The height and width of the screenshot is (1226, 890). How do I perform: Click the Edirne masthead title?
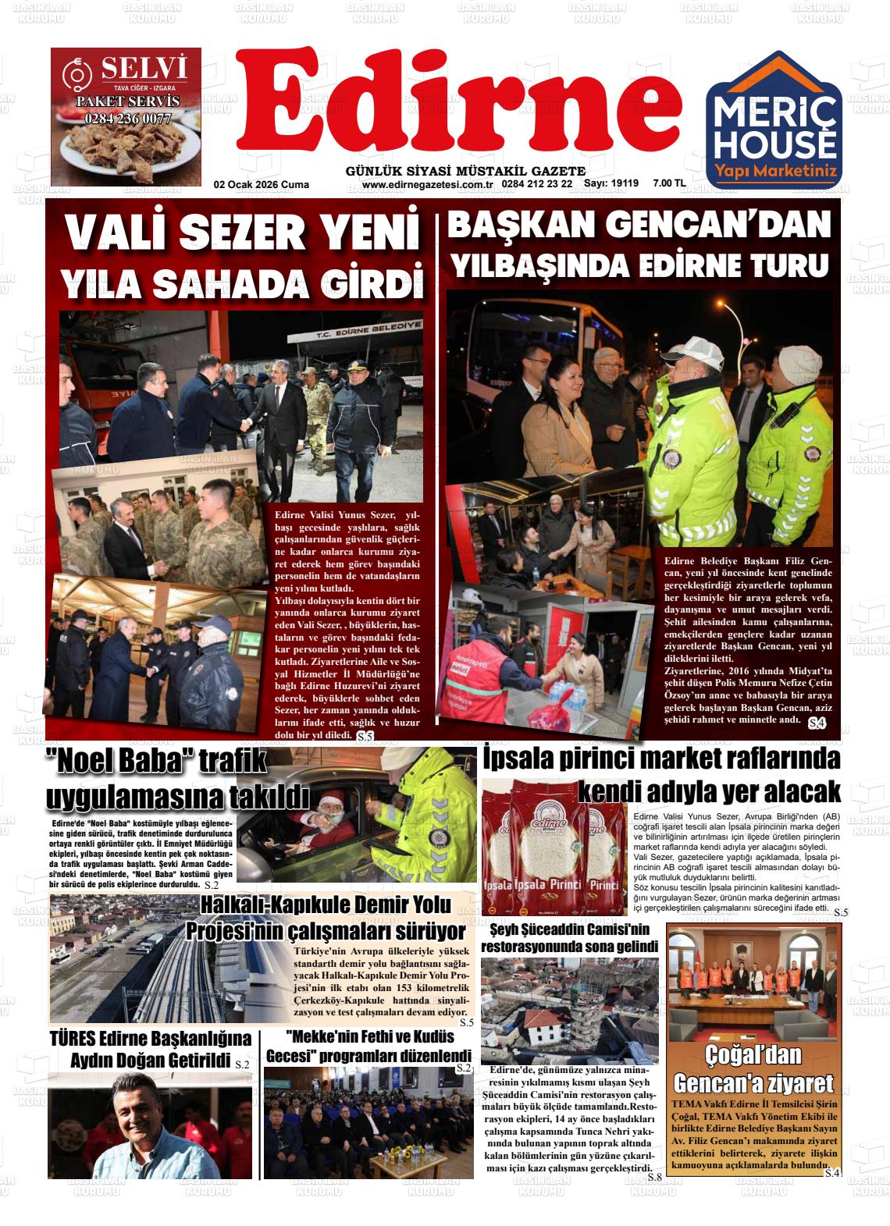coord(459,105)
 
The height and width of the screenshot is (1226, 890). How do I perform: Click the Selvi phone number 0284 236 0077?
coord(127,119)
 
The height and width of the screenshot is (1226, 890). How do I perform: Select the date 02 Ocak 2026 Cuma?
coord(262,185)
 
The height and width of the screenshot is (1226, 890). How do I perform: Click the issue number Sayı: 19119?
coord(612,184)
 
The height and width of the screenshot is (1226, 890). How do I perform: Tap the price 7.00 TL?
coord(669,184)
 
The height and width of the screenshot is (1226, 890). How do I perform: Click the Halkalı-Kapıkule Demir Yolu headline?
coord(326,918)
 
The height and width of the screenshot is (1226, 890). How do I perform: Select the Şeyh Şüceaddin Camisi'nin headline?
coord(570,938)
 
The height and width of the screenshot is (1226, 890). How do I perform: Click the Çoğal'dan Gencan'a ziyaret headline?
coord(753,1069)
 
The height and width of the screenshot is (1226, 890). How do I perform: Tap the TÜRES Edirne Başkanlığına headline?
coord(150,1049)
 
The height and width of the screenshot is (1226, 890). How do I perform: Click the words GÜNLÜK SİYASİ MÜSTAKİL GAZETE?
coord(465,171)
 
